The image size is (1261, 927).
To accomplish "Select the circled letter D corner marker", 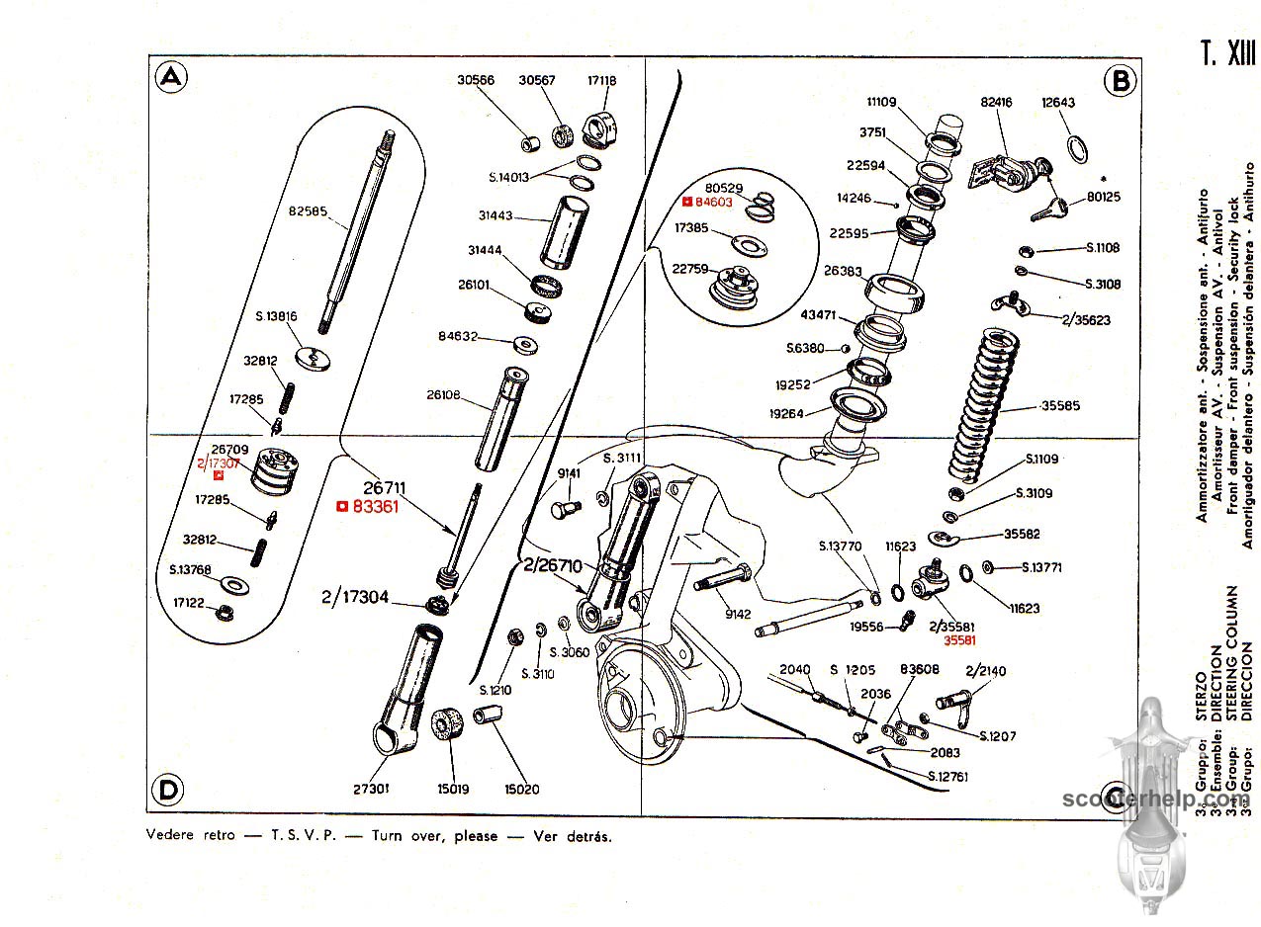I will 170,790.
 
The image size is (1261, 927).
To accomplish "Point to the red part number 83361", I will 378,507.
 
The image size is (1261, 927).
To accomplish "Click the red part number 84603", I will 712,202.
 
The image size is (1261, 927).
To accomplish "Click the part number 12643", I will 1058,102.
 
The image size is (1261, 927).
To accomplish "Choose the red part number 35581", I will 960,641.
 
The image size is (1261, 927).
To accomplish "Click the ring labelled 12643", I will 1078,148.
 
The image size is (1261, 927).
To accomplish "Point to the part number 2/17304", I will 355,597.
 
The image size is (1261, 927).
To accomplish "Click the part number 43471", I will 821,315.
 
